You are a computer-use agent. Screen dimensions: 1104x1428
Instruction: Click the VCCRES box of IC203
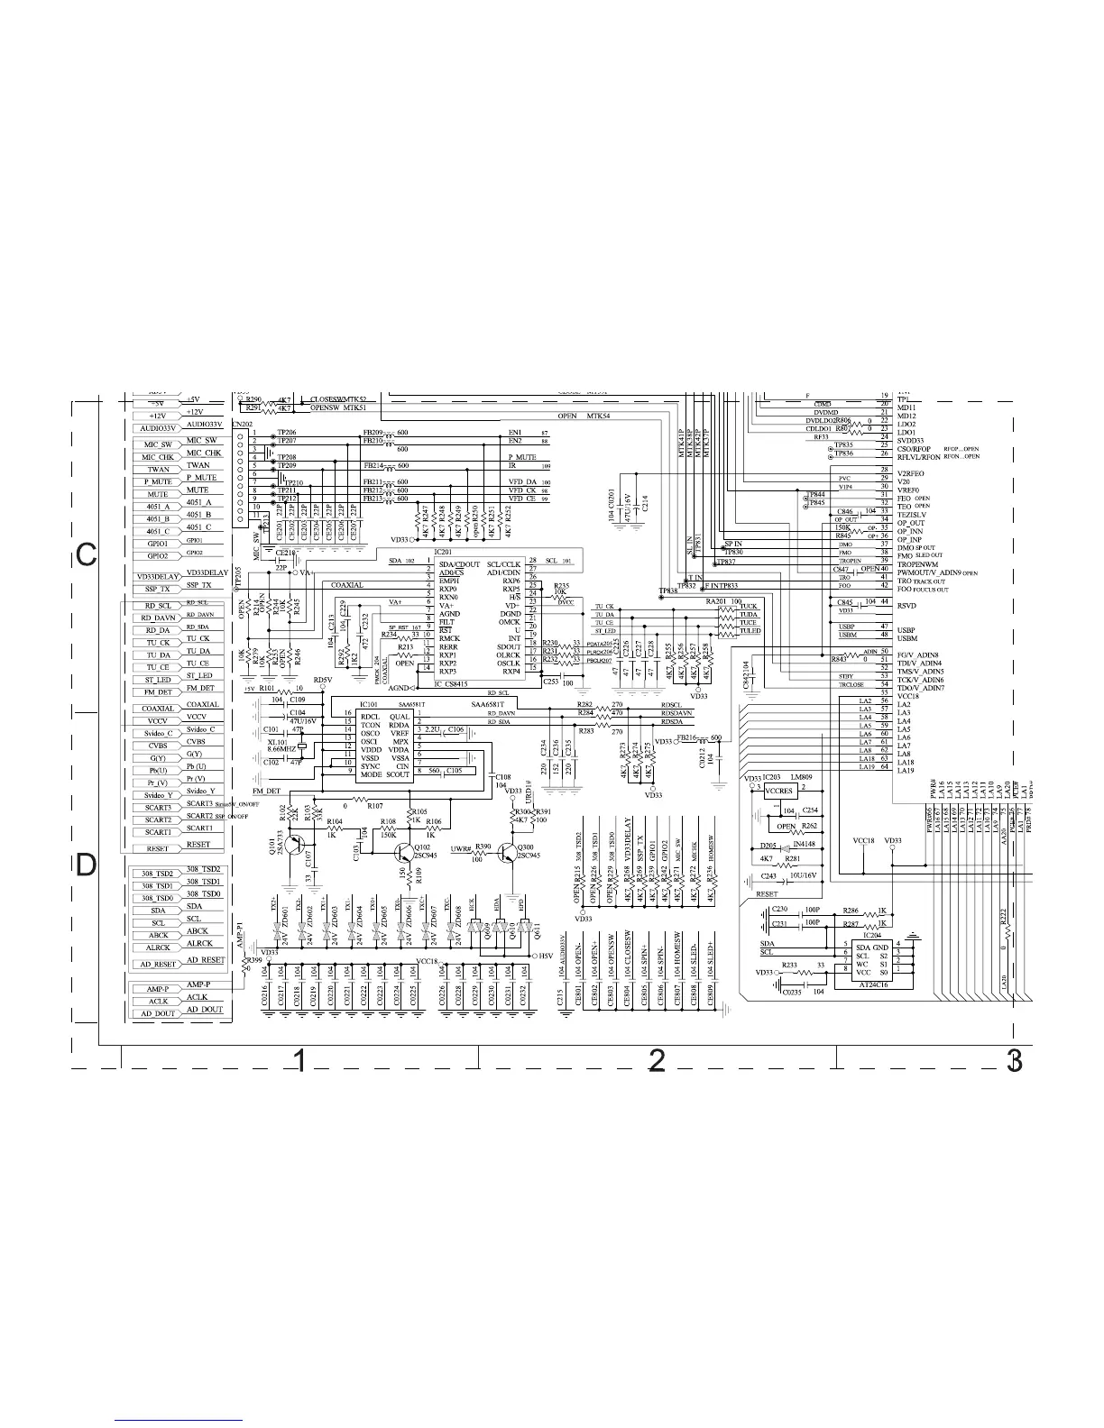[778, 791]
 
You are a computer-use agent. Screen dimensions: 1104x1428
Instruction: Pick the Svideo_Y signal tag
[157, 795]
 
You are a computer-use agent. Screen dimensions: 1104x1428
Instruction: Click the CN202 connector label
[242, 423]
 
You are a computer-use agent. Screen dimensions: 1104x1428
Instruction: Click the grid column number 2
[657, 1061]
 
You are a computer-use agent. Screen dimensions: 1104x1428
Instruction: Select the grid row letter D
[86, 865]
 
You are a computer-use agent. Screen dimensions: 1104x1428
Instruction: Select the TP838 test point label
[667, 591]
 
